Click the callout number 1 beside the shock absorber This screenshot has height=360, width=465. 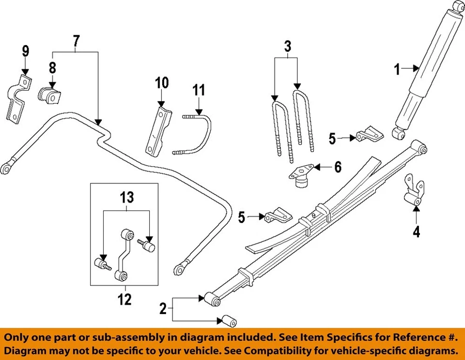pos(397,70)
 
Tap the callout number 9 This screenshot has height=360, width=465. pos(25,50)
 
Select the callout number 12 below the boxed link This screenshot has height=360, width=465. pos(124,300)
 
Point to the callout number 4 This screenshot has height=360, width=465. pos(416,232)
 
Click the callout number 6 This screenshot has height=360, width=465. pos(337,167)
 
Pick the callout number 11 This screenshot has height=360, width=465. pos(199,90)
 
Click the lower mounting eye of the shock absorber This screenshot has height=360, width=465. pos(398,133)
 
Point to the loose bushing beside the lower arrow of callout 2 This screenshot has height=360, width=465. pos(228,320)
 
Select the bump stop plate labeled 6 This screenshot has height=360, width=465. pos(301,175)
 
